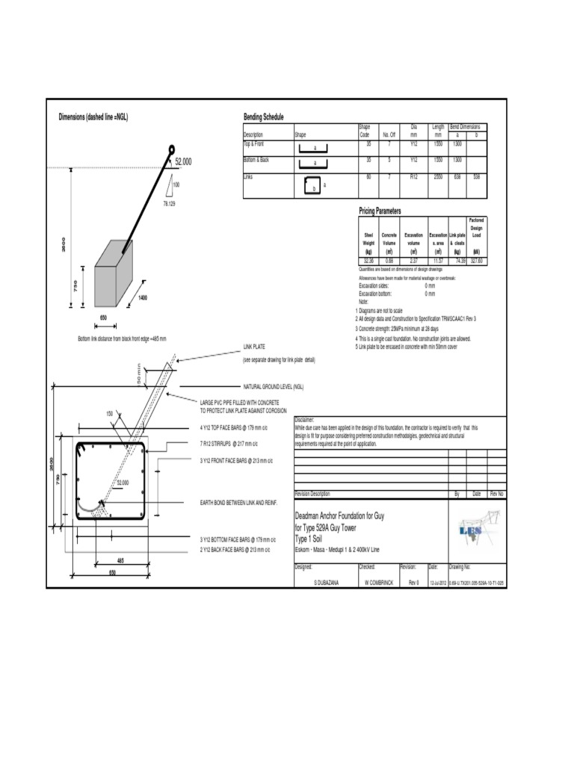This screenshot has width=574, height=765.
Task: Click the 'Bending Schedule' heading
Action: [x=264, y=117]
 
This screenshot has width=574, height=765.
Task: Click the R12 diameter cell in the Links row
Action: [x=413, y=177]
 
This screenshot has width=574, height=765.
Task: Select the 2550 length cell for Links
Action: [x=438, y=177]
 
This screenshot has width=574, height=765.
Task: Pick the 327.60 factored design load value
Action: [x=476, y=261]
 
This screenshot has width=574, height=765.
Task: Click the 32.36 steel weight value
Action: [x=368, y=261]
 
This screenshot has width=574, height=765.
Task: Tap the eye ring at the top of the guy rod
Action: [x=172, y=149]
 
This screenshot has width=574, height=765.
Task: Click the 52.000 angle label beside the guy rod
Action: [x=183, y=161]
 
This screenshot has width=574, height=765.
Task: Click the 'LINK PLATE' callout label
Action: [x=255, y=347]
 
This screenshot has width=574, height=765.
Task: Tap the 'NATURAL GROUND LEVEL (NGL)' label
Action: [x=273, y=387]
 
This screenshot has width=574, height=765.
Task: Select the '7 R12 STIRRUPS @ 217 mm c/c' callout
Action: [x=235, y=444]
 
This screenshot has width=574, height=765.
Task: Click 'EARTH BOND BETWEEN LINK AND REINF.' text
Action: [x=238, y=504]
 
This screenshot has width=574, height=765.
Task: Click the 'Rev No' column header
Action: [x=497, y=494]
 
